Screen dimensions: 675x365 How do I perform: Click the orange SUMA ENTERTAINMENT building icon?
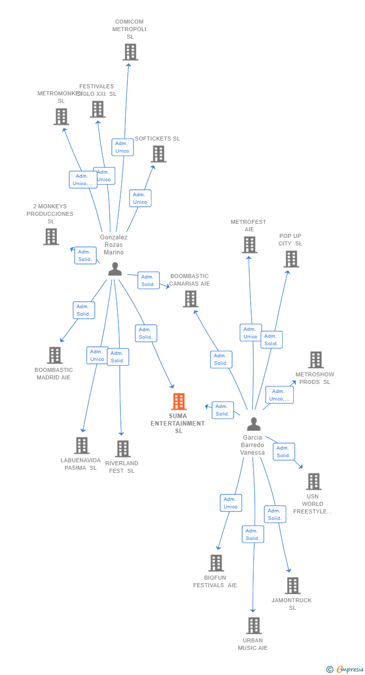pos(179,401)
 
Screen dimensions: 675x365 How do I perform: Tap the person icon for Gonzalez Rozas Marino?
pos(115,269)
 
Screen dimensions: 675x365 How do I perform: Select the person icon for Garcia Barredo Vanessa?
pos(254,424)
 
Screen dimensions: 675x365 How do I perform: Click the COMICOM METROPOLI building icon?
pos(130,52)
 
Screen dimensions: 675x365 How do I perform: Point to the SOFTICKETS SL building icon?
pos(158,154)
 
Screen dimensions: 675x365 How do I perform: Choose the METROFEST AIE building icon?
pos(249,245)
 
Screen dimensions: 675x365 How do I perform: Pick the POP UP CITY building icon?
pos(291,259)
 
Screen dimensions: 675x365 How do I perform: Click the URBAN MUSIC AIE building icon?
pos(254,626)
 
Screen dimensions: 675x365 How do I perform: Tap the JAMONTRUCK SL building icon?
pos(292,586)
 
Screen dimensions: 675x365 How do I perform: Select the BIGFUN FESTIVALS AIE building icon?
pos(216,563)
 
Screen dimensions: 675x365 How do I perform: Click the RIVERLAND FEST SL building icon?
pos(123,449)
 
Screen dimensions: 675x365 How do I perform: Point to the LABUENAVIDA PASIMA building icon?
pos(82,446)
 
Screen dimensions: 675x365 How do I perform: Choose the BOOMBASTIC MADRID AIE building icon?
pos(55,355)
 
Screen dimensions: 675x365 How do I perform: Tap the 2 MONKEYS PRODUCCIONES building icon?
pos(51,237)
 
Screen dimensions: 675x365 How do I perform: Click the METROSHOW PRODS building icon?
pos(316,360)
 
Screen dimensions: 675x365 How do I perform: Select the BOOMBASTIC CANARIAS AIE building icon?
pos(191,299)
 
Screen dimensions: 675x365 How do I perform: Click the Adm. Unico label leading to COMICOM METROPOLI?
pos(122,147)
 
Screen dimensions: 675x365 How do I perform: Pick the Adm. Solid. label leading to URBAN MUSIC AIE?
pos(253,534)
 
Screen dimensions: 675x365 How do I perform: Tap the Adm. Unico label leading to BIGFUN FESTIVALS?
pos(231,503)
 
